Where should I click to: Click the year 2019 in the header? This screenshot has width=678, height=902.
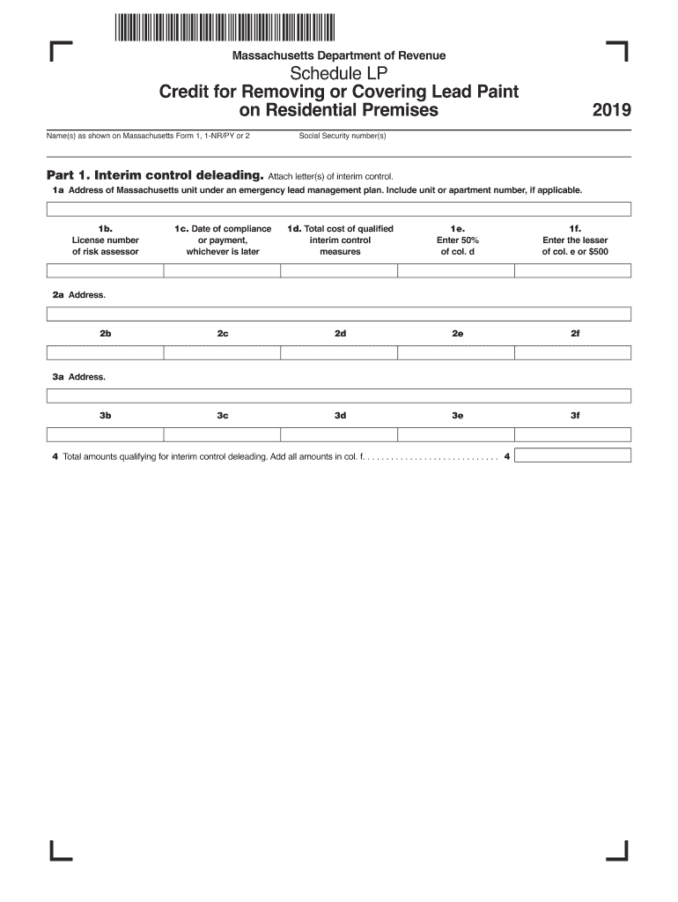point(611,111)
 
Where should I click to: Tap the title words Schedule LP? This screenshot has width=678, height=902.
point(339,73)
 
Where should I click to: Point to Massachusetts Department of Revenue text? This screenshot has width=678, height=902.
point(338,55)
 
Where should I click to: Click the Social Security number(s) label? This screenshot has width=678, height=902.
point(343,136)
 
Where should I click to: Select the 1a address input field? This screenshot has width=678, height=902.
point(339,209)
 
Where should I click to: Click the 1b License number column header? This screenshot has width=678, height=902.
point(105,240)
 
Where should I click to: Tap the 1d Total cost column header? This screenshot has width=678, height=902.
point(340,240)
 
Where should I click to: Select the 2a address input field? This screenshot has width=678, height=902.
point(339,314)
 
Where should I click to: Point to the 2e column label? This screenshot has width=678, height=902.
point(457,334)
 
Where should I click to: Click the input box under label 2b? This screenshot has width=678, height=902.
point(105,352)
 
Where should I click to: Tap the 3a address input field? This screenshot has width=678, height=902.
point(339,396)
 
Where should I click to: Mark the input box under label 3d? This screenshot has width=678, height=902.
point(339,434)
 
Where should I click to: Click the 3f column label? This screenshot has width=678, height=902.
point(575,415)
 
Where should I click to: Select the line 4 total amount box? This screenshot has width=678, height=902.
point(573,455)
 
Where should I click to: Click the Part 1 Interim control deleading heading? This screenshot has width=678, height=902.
point(153,175)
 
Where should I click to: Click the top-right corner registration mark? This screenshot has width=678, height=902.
point(619,52)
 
